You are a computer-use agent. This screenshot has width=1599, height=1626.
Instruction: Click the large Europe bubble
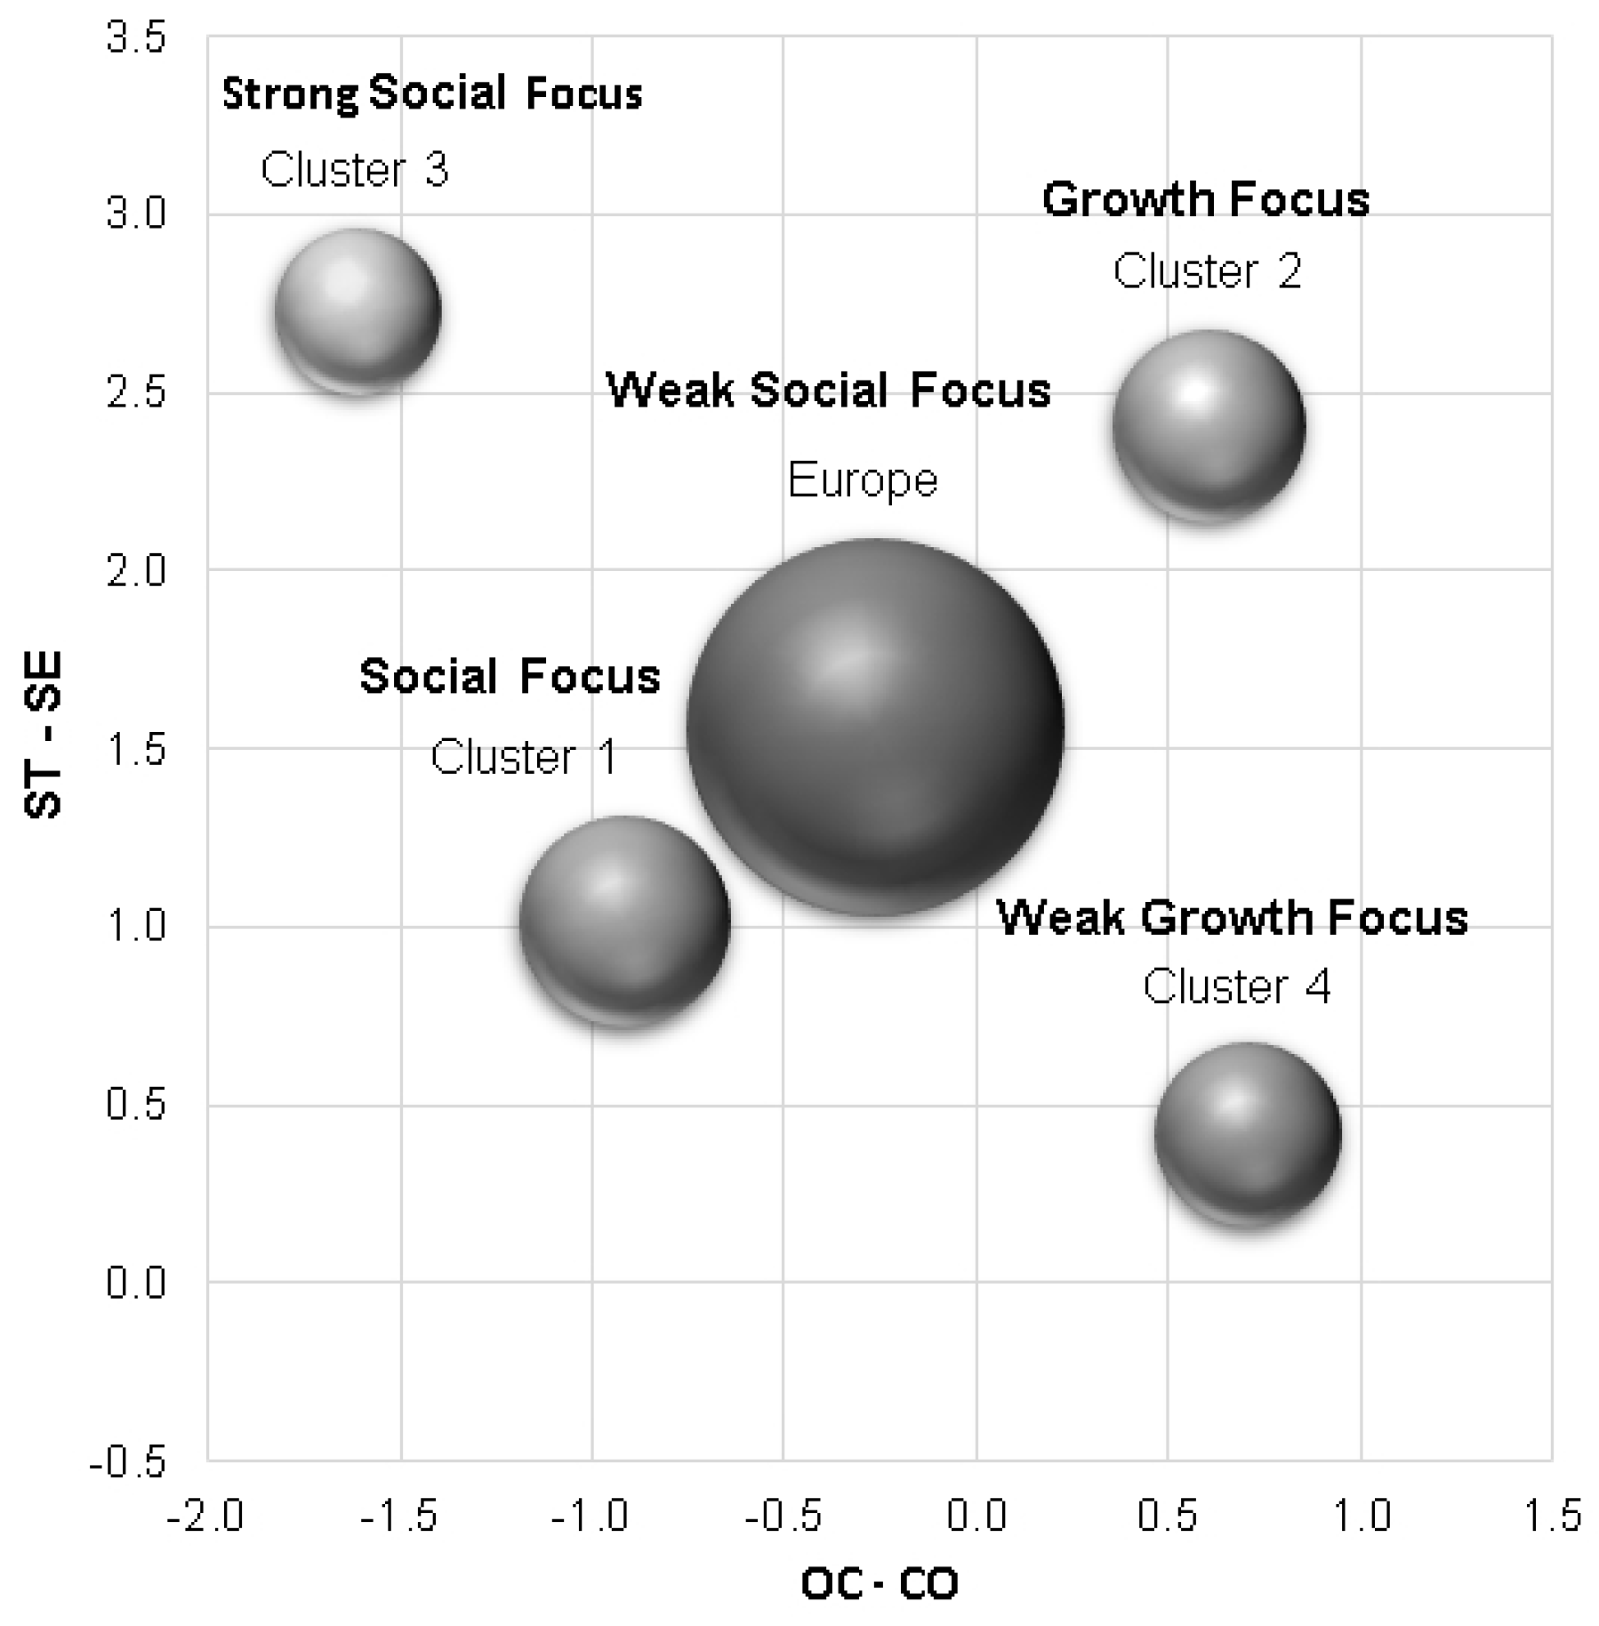875,727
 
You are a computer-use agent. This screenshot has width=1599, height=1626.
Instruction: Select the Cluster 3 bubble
358,311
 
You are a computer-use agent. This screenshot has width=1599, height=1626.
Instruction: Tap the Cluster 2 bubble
1209,427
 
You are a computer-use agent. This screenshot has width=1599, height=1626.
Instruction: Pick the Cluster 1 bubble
624,922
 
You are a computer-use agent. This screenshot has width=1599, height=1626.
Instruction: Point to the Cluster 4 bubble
1248,1134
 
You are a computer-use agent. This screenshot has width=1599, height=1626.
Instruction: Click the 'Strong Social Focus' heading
431,93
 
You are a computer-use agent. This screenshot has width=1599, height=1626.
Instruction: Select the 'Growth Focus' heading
1205,199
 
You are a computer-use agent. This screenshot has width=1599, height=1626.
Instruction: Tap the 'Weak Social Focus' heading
828,390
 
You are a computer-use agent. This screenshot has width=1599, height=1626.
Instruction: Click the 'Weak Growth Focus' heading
1232,917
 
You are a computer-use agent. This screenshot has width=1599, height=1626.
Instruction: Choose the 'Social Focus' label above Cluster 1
510,676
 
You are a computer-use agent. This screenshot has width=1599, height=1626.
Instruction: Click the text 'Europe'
862,481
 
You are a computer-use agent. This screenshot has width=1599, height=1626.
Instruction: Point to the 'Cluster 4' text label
1236,986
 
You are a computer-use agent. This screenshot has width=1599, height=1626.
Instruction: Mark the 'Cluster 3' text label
354,169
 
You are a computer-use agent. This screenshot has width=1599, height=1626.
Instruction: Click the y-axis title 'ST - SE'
43,735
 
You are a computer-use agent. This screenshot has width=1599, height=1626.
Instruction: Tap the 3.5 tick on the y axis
136,39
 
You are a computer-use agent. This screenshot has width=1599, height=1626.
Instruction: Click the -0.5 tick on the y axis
127,1463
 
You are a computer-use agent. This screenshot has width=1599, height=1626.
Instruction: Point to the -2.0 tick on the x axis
205,1516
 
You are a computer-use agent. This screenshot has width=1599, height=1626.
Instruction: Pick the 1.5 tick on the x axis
1553,1516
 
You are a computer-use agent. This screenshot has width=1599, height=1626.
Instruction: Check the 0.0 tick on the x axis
976,1516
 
